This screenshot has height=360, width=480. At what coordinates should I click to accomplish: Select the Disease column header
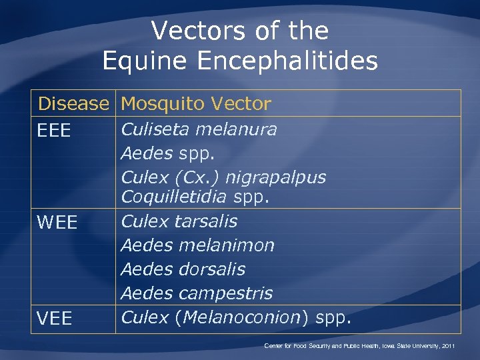point(73,104)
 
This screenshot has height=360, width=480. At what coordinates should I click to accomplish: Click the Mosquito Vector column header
point(196,104)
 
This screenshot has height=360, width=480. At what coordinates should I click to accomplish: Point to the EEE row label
point(54,131)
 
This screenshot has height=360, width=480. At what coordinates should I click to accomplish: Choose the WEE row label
point(57,223)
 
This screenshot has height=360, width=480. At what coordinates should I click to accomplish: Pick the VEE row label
point(55,319)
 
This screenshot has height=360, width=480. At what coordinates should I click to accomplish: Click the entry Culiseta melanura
point(199,129)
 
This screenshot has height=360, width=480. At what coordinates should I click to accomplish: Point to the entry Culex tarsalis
point(179,221)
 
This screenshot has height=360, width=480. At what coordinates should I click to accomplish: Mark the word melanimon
point(226,245)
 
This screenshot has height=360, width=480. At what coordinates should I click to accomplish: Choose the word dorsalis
point(212,269)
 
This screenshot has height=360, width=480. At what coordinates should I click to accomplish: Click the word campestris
point(226,293)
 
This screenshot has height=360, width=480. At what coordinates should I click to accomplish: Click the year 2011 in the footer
point(447,346)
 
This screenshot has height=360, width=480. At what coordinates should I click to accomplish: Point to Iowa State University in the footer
point(405,346)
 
